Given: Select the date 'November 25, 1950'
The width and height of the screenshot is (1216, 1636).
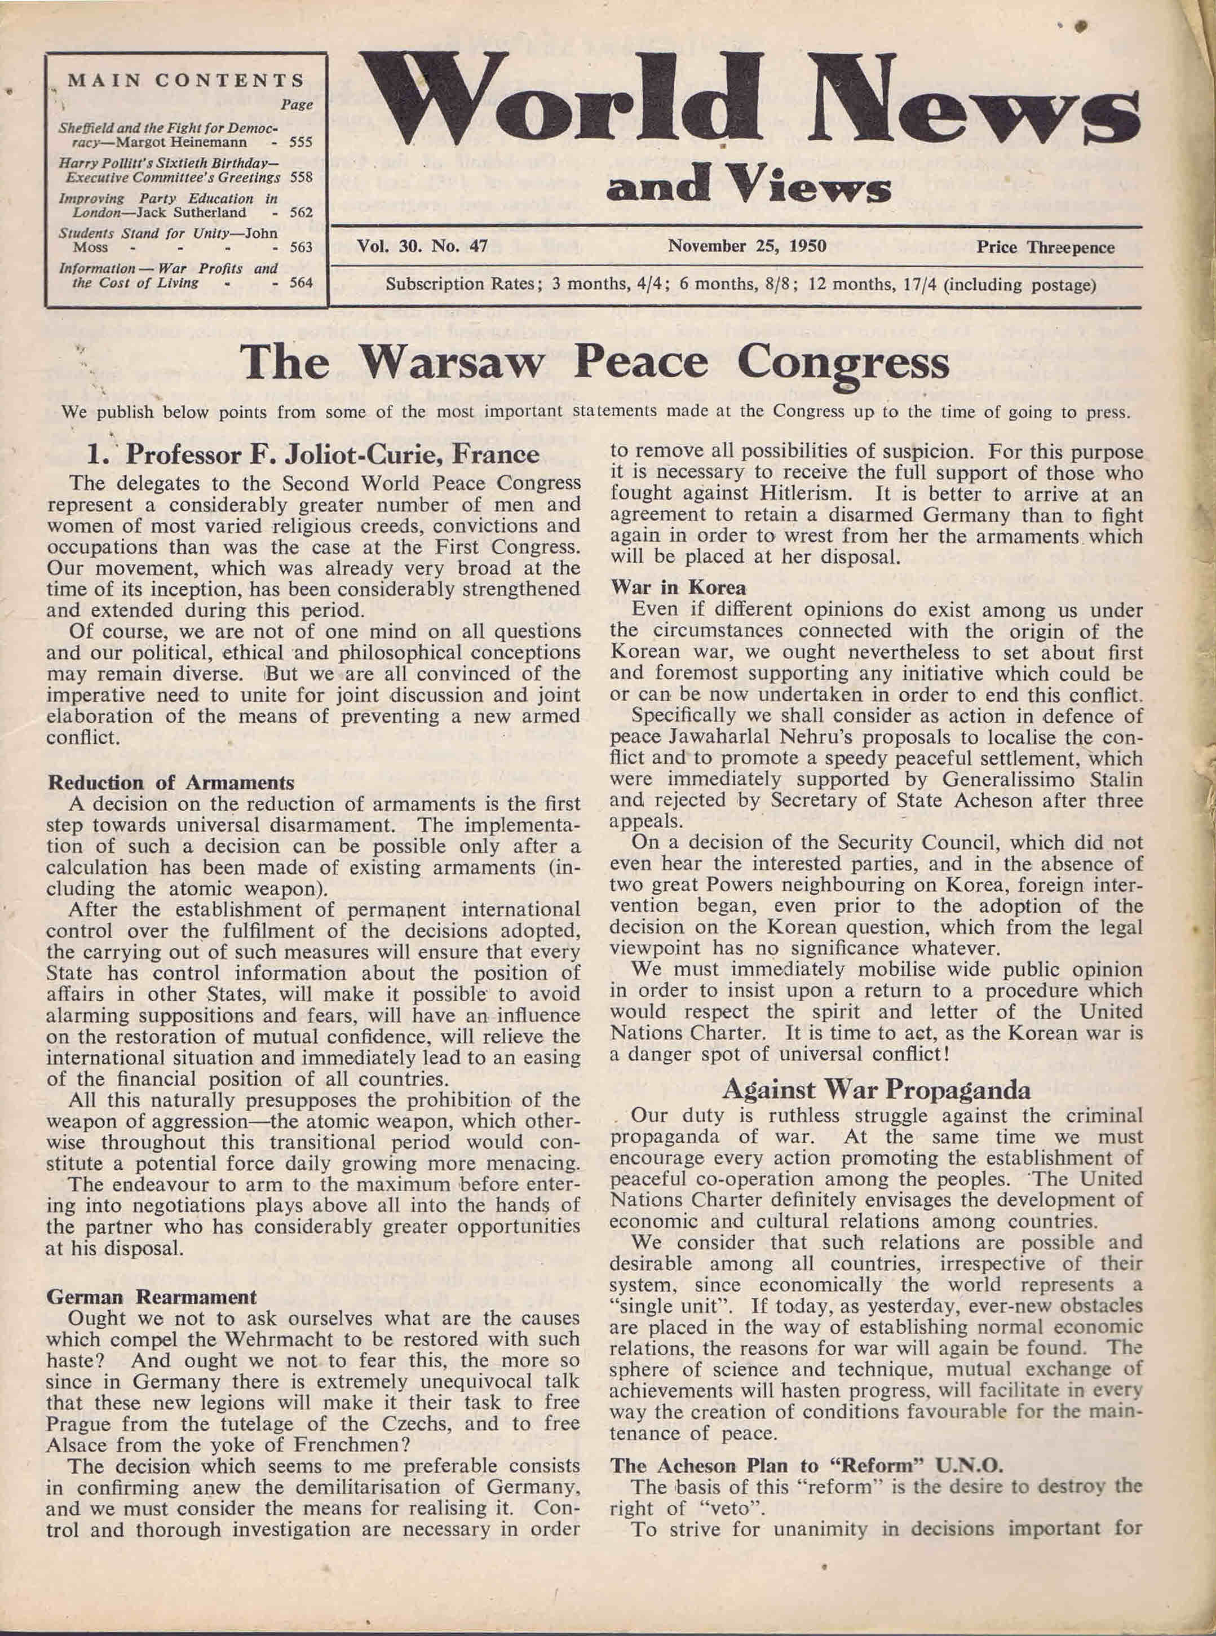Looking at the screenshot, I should (746, 246).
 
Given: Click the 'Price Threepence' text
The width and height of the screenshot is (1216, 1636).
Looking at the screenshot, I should (1045, 247).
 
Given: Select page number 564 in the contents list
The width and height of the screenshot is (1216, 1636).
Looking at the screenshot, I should (300, 282).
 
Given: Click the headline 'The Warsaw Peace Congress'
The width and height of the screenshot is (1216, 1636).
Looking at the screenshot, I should (594, 363).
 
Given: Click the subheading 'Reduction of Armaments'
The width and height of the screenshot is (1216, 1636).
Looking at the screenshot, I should (171, 782).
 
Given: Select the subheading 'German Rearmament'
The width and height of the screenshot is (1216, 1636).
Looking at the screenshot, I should (152, 1296).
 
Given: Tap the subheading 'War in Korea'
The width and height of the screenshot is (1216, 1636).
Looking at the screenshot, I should (678, 587).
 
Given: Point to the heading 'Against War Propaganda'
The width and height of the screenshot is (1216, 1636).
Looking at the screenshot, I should (876, 1089).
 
